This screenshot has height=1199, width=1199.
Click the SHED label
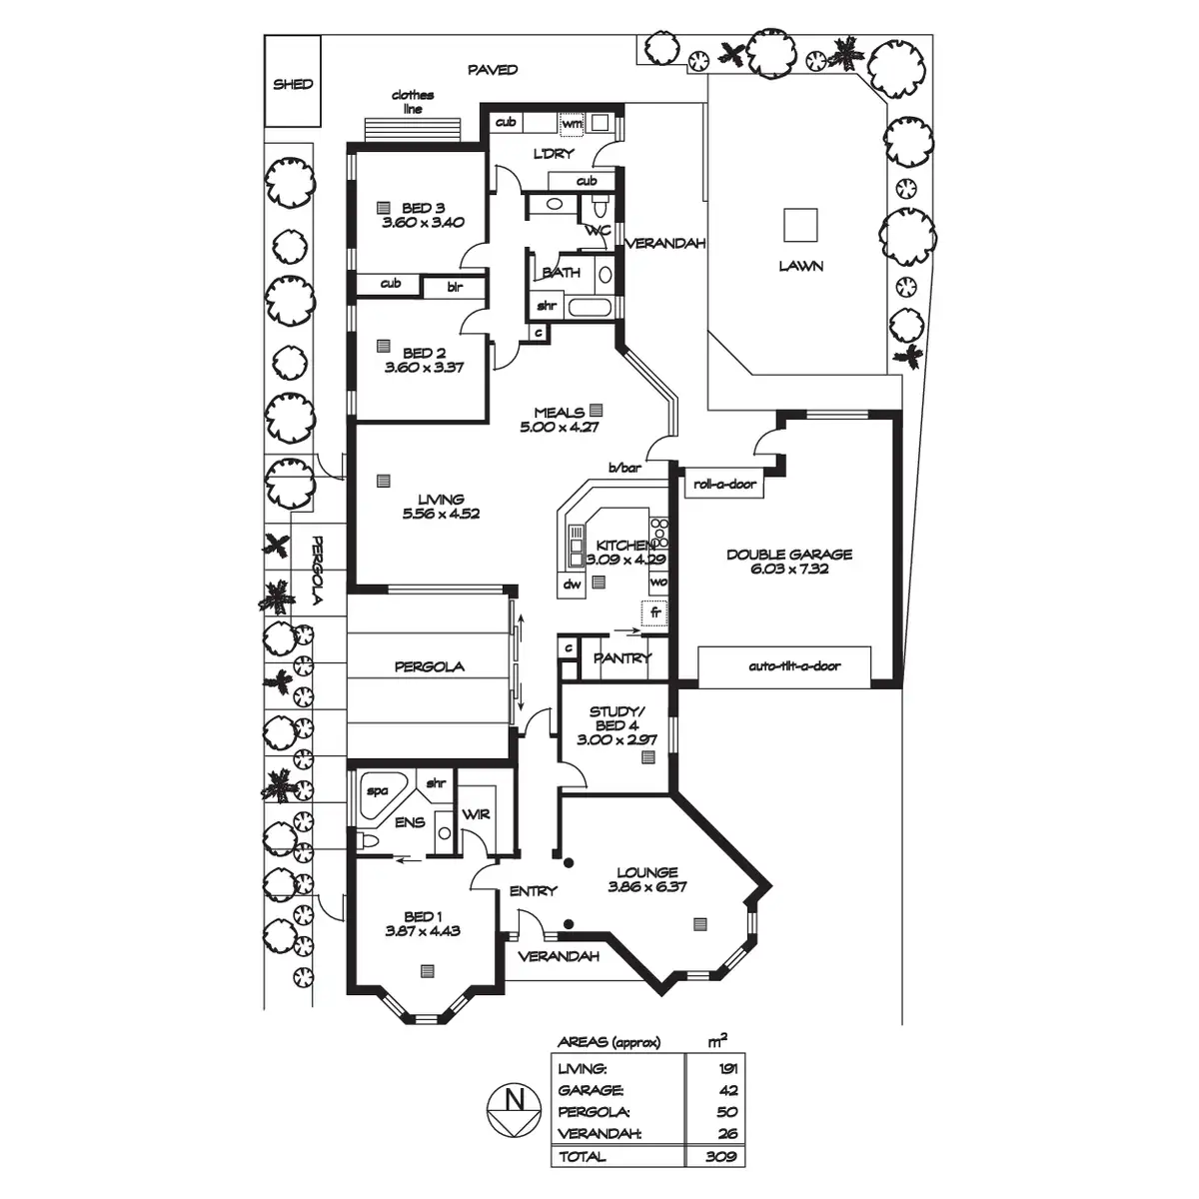(293, 85)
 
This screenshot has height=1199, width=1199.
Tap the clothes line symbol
(414, 130)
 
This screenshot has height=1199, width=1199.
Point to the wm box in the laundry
(572, 123)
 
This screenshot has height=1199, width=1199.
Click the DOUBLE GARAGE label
(789, 555)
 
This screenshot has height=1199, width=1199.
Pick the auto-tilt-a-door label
(794, 666)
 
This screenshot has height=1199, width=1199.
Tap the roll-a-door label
(725, 485)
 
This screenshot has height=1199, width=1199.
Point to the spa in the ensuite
(379, 791)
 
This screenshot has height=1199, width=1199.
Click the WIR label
(477, 814)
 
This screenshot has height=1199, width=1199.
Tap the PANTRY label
(621, 658)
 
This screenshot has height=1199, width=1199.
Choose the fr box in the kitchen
(654, 610)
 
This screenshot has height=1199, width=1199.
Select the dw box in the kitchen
(573, 584)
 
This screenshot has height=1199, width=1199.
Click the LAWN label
(801, 267)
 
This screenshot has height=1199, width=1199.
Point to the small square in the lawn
(801, 224)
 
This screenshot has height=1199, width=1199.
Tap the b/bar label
(624, 468)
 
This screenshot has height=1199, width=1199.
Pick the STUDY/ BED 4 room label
(617, 718)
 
